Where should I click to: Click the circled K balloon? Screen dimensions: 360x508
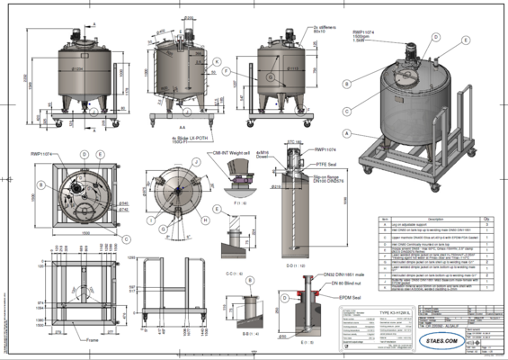(218, 60)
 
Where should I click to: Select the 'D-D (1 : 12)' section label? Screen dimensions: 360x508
(296, 265)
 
